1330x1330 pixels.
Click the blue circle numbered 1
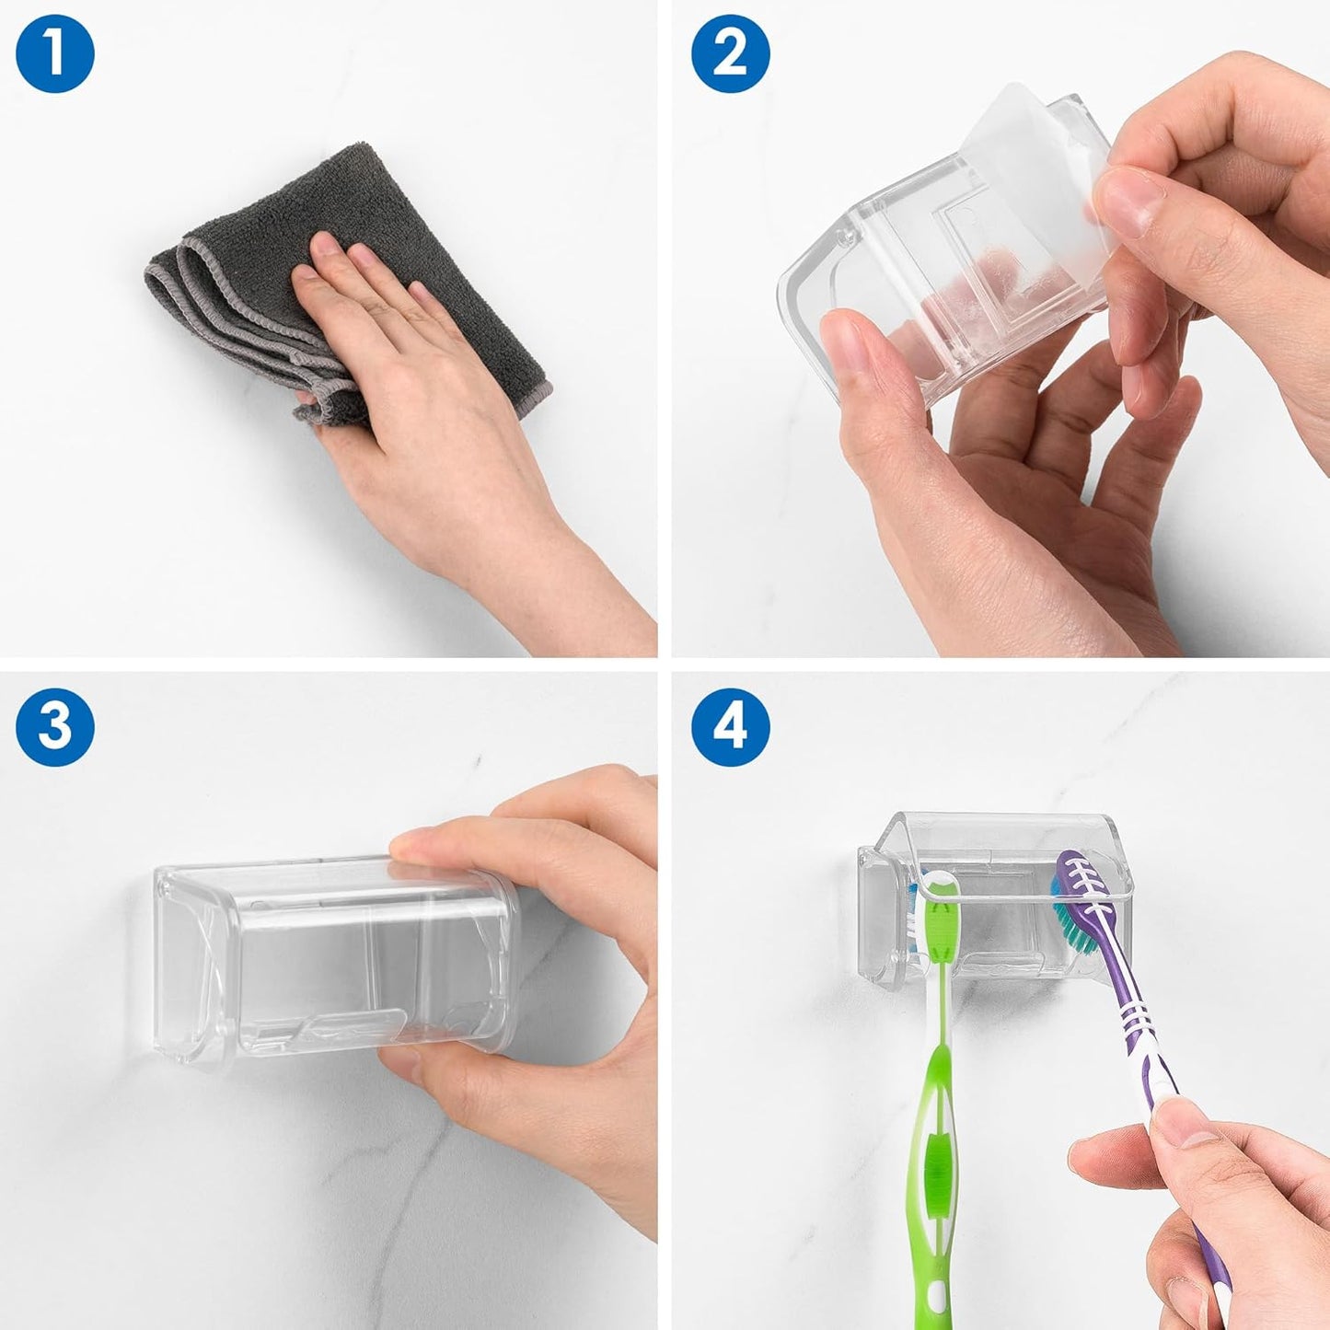[54, 53]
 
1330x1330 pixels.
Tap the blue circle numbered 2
[730, 53]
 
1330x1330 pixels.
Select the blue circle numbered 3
[54, 725]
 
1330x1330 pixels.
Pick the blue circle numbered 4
[730, 725]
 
